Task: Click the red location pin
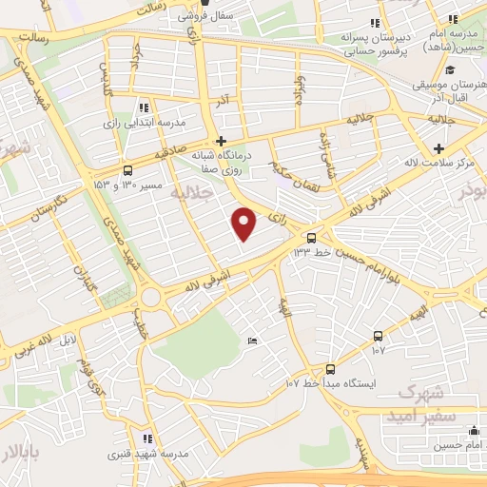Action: point(244,224)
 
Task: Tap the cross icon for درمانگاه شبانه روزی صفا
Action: point(221,140)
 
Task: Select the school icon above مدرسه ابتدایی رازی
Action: point(143,107)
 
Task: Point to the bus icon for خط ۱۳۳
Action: point(310,237)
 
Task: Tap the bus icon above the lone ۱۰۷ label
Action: point(379,336)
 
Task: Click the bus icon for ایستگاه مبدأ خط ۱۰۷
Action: point(330,368)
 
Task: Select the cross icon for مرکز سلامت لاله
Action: point(438,148)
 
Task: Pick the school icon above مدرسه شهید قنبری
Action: point(147,438)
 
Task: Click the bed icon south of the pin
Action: point(251,341)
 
